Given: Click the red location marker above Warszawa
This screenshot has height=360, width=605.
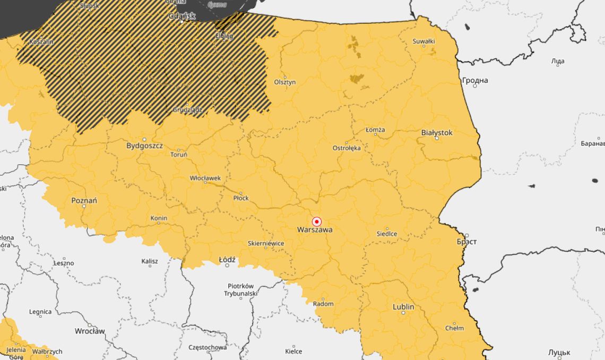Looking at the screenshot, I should tap(317, 221).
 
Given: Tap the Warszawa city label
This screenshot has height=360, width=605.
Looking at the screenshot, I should tap(315, 230).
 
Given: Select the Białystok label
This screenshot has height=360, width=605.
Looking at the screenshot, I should tap(437, 132).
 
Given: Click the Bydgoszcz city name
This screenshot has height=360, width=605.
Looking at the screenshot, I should tap(144, 145).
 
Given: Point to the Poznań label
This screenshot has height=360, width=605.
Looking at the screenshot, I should tap(84, 201).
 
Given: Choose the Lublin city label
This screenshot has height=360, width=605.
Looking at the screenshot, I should tap(403, 307).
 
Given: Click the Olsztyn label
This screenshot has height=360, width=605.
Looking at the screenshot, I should tap(285, 82).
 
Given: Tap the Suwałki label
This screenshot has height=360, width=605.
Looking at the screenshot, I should tap(423, 41).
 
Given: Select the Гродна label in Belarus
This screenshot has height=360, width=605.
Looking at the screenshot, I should tap(475, 81).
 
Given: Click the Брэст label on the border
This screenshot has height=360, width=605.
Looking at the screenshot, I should tap(466, 242).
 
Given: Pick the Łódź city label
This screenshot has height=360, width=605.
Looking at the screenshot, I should tap(227, 260).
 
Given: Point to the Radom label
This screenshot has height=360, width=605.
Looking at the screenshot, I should tap(323, 304).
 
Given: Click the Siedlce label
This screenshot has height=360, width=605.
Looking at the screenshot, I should tap(387, 234).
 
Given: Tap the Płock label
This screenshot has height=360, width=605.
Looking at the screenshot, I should tap(241, 198).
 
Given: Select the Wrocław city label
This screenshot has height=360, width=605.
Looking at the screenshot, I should tap(90, 331).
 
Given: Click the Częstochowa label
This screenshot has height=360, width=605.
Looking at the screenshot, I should tap(208, 347).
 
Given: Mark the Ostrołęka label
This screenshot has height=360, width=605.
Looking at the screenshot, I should tap(347, 148).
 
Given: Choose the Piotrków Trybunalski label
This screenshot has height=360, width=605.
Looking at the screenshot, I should tap(240, 289).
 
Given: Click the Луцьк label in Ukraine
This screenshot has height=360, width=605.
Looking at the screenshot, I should tap(559, 353).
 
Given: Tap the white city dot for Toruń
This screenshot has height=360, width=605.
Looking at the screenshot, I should tap(178, 149).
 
